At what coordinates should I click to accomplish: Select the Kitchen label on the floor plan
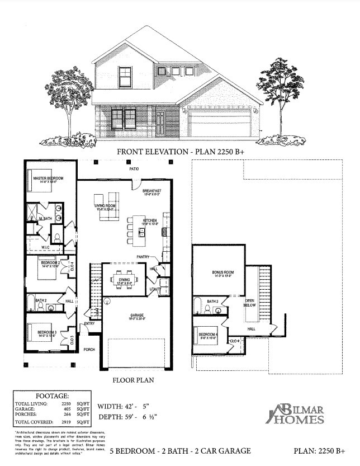pyautogui.click(x=149, y=221)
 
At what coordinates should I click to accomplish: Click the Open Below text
pyautogui.click(x=250, y=303)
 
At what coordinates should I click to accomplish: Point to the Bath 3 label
pyautogui.click(x=212, y=302)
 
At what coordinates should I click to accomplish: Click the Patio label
pyautogui.click(x=134, y=169)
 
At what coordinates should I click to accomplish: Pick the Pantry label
pyautogui.click(x=142, y=257)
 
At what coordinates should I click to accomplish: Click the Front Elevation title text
pyautogui.click(x=179, y=151)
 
